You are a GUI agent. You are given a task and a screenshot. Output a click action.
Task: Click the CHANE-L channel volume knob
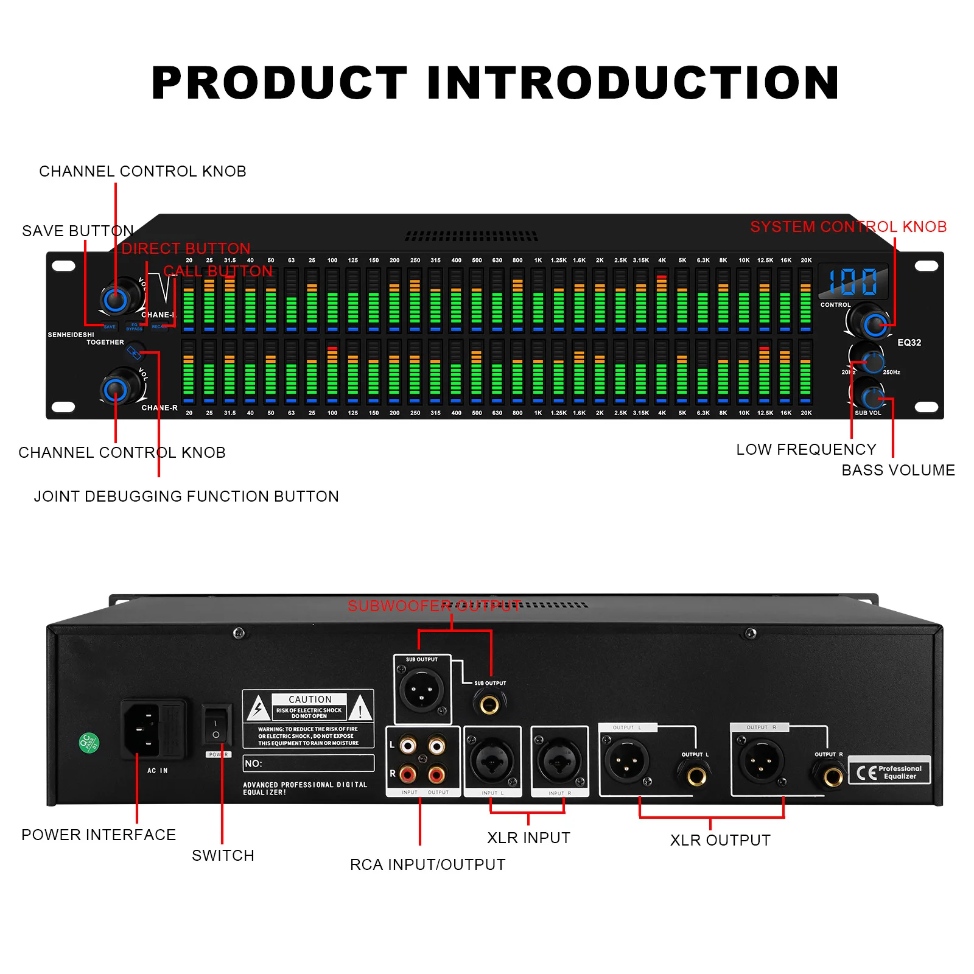(115, 299)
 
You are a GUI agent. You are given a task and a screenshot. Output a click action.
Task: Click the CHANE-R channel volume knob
(115, 390)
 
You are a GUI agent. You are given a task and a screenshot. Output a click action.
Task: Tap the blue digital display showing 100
(853, 282)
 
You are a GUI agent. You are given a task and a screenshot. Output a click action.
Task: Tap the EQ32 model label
(909, 343)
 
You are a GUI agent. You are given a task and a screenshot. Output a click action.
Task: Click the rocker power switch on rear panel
(216, 726)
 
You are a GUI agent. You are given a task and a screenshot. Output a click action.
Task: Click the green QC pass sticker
(89, 743)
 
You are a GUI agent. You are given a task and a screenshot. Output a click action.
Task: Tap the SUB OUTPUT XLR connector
(421, 690)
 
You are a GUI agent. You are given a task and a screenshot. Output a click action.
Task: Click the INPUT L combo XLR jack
(492, 760)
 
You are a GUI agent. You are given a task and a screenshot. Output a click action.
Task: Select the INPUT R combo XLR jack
(559, 760)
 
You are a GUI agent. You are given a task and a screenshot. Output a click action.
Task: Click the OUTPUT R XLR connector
(760, 760)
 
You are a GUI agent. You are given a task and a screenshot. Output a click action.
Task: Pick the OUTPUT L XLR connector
(626, 760)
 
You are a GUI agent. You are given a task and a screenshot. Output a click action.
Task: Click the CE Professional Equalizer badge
(889, 772)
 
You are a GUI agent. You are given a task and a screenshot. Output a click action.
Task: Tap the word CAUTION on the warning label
(310, 699)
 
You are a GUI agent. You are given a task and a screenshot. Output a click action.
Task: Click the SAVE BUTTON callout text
(78, 231)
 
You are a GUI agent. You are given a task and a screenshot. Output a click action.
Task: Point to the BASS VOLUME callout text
(898, 470)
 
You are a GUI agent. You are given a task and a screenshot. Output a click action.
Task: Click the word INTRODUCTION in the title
(633, 83)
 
